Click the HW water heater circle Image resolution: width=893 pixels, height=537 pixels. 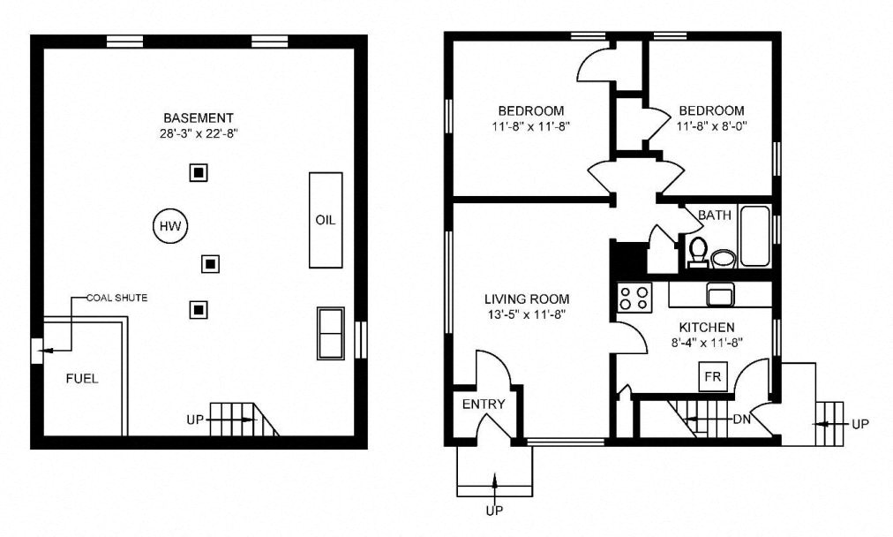point(169,227)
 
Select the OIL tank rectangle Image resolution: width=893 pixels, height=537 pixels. point(325,220)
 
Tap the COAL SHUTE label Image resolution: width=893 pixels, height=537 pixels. point(116,298)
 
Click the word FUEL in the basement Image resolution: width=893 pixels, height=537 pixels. point(82,379)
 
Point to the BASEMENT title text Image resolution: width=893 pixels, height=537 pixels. point(199,117)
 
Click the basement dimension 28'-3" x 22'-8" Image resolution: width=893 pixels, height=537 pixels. point(199,134)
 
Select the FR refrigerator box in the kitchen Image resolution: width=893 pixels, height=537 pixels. point(712,377)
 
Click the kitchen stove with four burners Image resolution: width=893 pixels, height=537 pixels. point(634,298)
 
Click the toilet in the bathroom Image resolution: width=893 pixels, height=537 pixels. point(697,251)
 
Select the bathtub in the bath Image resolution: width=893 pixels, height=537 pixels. point(754,235)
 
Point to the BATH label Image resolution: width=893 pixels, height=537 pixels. point(714,215)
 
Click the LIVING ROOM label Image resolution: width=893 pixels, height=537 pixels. point(526,299)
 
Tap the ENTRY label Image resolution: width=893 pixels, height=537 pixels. point(484,405)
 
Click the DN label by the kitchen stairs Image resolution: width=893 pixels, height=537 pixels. point(741,420)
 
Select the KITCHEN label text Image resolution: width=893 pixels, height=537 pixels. point(706,328)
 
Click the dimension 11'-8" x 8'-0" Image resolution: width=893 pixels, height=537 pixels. point(711,126)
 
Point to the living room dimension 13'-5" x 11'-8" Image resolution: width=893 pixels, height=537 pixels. point(526,314)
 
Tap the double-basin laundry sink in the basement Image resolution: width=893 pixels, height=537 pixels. point(331,333)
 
